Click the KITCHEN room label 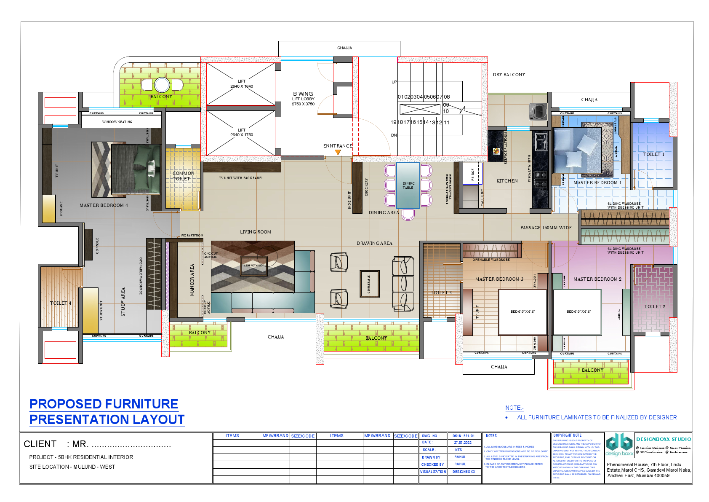click(x=507, y=181)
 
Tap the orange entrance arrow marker click(x=338, y=152)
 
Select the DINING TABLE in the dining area click(x=408, y=185)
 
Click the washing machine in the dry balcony click(x=538, y=111)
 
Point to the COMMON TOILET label click(x=183, y=176)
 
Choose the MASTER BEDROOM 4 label click(x=104, y=205)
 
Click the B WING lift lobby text click(x=303, y=94)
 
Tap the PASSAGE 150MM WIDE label click(x=546, y=228)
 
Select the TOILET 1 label click(x=653, y=155)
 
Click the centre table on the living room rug click(x=253, y=266)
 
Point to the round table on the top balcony click(x=162, y=85)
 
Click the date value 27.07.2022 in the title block click(x=462, y=443)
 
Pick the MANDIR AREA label click(x=192, y=280)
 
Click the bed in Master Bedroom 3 click(x=522, y=312)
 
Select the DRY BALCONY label click(x=509, y=75)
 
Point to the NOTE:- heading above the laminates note click(x=514, y=408)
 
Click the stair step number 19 click(x=393, y=122)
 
